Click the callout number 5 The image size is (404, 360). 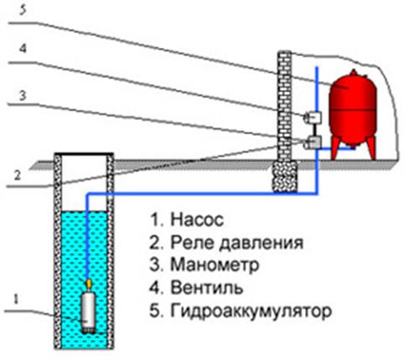(x=23, y=10)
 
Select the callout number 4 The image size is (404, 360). (x=23, y=49)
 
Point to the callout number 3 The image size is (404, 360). (x=23, y=96)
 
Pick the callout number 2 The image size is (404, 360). (x=18, y=175)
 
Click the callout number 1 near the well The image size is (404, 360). (x=16, y=300)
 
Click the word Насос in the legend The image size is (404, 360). (x=197, y=220)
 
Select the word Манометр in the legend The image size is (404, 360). (x=215, y=264)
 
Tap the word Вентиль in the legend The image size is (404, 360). (x=207, y=288)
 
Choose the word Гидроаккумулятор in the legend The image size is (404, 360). (x=251, y=310)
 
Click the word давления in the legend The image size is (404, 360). (x=261, y=243)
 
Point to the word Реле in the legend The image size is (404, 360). (x=192, y=243)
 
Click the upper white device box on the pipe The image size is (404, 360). (x=313, y=117)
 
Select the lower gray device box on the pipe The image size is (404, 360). (x=313, y=142)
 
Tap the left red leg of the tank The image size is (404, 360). (x=334, y=149)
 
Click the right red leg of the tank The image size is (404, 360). (x=371, y=149)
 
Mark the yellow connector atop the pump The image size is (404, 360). (x=89, y=284)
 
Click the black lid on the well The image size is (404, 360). (x=84, y=154)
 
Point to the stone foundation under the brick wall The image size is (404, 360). (x=285, y=177)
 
